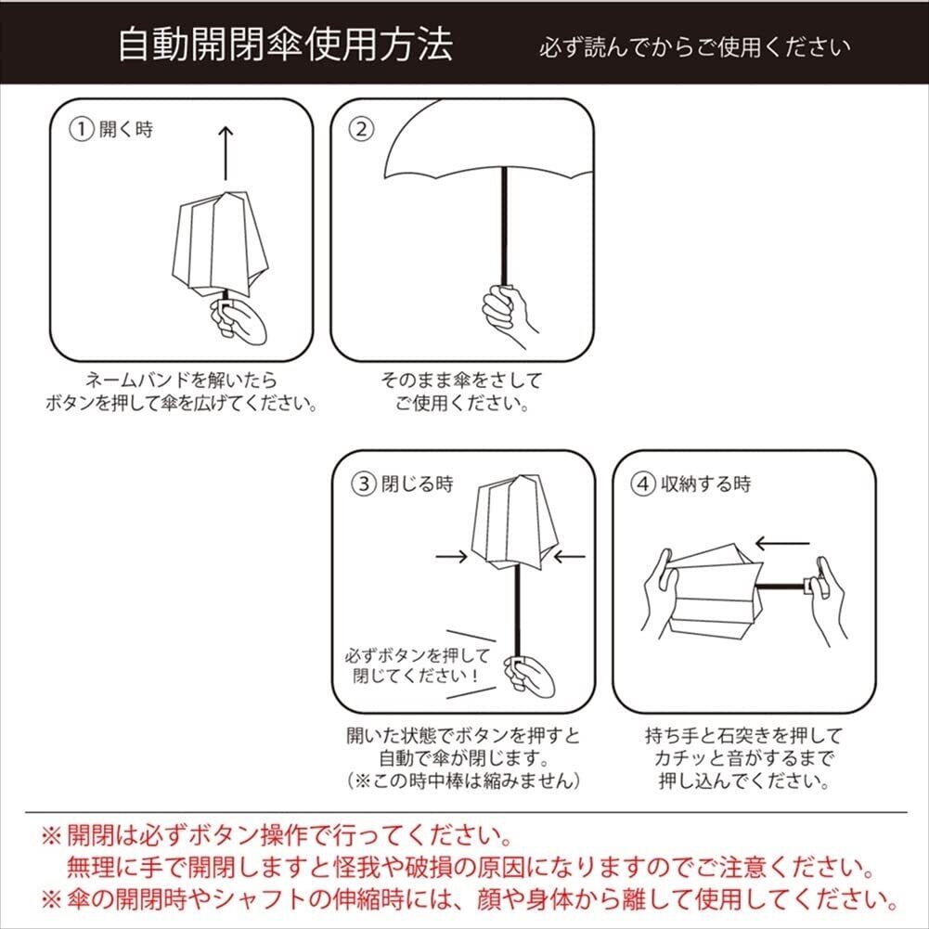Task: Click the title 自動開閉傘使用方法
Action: pyautogui.click(x=286, y=44)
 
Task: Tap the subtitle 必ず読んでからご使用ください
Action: pyautogui.click(x=694, y=47)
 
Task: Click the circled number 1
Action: pyautogui.click(x=82, y=129)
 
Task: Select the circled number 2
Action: pyautogui.click(x=362, y=129)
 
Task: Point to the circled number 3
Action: pyautogui.click(x=364, y=484)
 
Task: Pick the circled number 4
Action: pyautogui.click(x=643, y=484)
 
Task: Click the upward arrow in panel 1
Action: pyautogui.click(x=226, y=153)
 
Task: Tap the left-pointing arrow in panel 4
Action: pyautogui.click(x=782, y=543)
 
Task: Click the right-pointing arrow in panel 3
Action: pyautogui.click(x=451, y=556)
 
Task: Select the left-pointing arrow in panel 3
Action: pyautogui.click(x=569, y=556)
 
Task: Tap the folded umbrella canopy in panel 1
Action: pyautogui.click(x=220, y=243)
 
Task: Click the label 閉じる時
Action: pyautogui.click(x=417, y=484)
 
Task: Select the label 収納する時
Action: pyautogui.click(x=705, y=484)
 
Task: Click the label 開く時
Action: pyautogui.click(x=126, y=129)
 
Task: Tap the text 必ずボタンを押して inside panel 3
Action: pyautogui.click(x=419, y=655)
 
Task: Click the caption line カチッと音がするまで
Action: pyautogui.click(x=743, y=758)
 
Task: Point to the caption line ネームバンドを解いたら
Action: pyautogui.click(x=181, y=380)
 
